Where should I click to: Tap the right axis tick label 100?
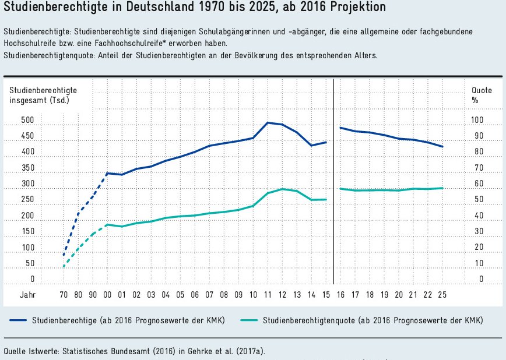477,121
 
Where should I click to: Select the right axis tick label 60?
477,184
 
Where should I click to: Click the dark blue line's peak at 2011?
268,122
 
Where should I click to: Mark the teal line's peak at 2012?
282,189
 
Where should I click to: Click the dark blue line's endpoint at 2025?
442,147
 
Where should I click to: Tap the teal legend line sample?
248,321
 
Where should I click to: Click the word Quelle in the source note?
16,351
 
